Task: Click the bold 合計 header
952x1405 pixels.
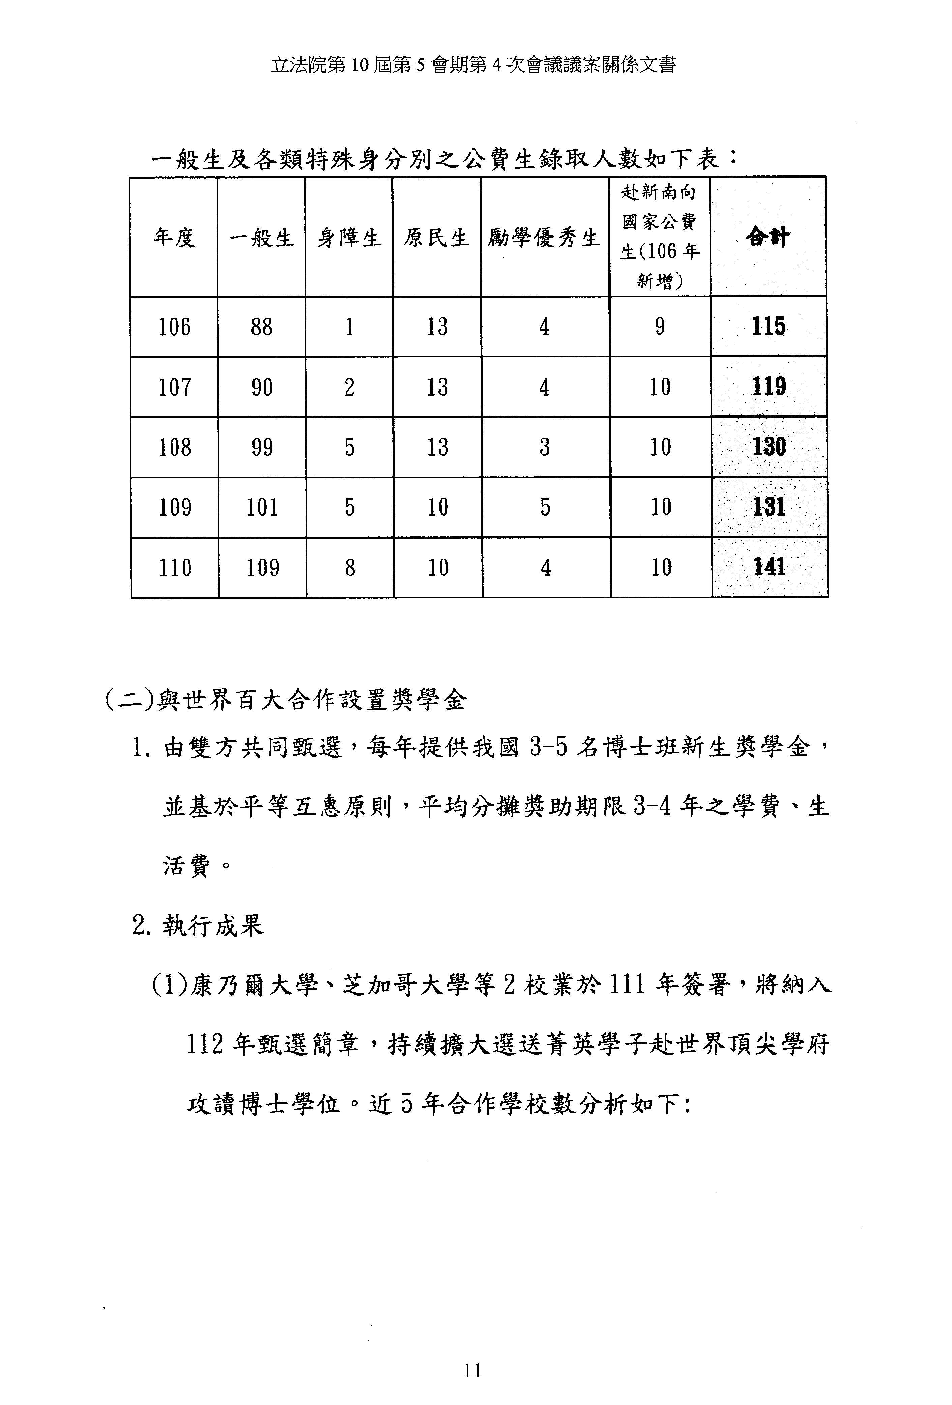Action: [x=768, y=237]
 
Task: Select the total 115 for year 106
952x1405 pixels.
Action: [x=769, y=326]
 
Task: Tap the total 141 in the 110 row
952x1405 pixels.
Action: [x=769, y=567]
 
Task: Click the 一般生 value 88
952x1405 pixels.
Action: [x=261, y=327]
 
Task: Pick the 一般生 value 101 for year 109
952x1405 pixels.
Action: [x=262, y=507]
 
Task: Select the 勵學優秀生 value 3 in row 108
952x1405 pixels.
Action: [x=545, y=447]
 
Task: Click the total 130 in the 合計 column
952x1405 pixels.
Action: [x=769, y=447]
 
